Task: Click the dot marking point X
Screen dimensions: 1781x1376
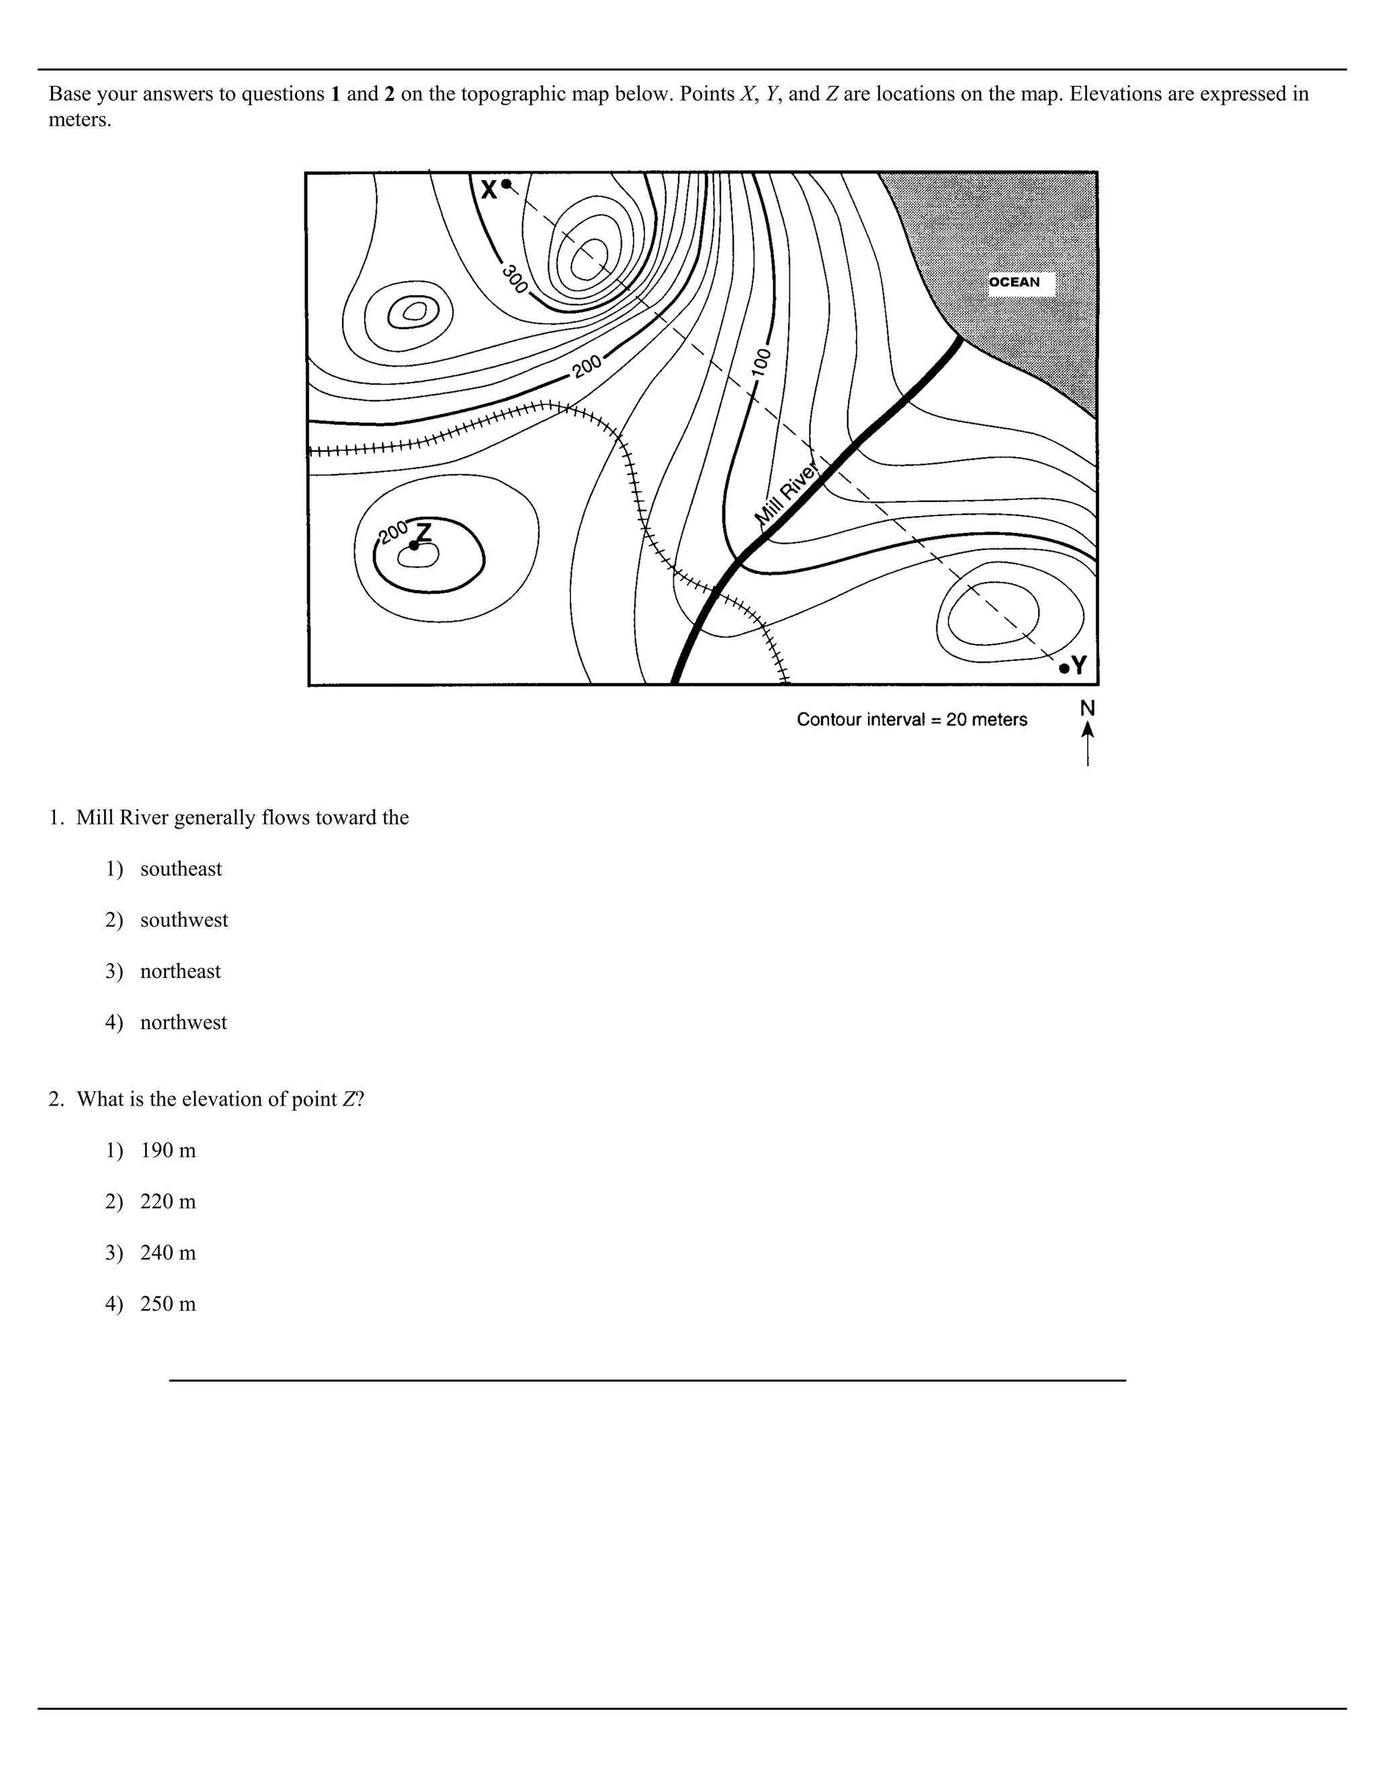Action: (x=506, y=184)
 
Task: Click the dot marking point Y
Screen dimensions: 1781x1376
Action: (x=1064, y=669)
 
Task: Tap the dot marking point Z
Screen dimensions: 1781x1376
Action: (x=414, y=546)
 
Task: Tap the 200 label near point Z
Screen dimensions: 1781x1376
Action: (x=393, y=532)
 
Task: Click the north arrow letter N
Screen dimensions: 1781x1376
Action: (x=1088, y=708)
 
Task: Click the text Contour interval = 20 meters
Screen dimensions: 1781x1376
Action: (x=911, y=719)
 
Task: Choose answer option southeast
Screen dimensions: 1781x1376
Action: (x=180, y=869)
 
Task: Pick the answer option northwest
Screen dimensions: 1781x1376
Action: (x=183, y=1023)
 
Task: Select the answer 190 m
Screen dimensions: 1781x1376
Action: (x=168, y=1151)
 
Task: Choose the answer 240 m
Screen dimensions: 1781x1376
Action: (x=168, y=1253)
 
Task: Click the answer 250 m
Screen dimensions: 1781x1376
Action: (x=168, y=1304)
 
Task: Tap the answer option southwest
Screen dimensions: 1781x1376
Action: (x=183, y=921)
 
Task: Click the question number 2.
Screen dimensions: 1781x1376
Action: (x=56, y=1100)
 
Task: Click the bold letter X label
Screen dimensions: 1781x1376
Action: (x=488, y=191)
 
